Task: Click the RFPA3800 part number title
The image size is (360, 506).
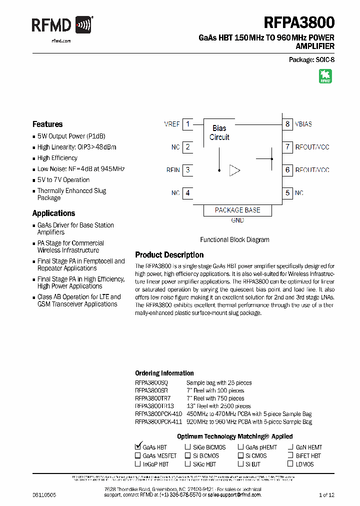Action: pyautogui.click(x=299, y=22)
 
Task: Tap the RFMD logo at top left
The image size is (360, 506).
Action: pyautogui.click(x=62, y=24)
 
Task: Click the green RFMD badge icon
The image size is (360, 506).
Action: pyautogui.click(x=325, y=76)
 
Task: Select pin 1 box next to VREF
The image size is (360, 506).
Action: pyautogui.click(x=187, y=124)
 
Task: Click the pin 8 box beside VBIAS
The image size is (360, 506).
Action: pyautogui.click(x=287, y=124)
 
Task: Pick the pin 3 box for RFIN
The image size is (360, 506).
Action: pyautogui.click(x=187, y=170)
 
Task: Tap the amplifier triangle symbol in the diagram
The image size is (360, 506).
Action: pyautogui.click(x=234, y=170)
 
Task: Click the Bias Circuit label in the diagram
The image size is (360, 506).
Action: pyautogui.click(x=219, y=132)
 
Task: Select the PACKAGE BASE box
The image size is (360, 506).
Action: pyautogui.click(x=237, y=210)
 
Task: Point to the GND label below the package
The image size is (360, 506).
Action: pyautogui.click(x=237, y=220)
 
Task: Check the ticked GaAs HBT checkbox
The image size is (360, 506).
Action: pyautogui.click(x=138, y=446)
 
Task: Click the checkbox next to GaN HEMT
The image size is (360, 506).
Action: pyautogui.click(x=291, y=447)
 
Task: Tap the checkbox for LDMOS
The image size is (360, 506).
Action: pyautogui.click(x=291, y=464)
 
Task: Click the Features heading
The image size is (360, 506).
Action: pyautogui.click(x=47, y=124)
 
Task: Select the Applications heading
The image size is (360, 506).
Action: pyautogui.click(x=53, y=213)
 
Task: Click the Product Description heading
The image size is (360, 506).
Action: pyautogui.click(x=169, y=255)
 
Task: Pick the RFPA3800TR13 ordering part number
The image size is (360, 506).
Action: pyautogui.click(x=154, y=406)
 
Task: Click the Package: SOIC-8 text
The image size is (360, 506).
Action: pyautogui.click(x=311, y=59)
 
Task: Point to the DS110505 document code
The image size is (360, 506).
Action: pyautogui.click(x=44, y=494)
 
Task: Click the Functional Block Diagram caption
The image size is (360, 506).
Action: pyautogui.click(x=234, y=239)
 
